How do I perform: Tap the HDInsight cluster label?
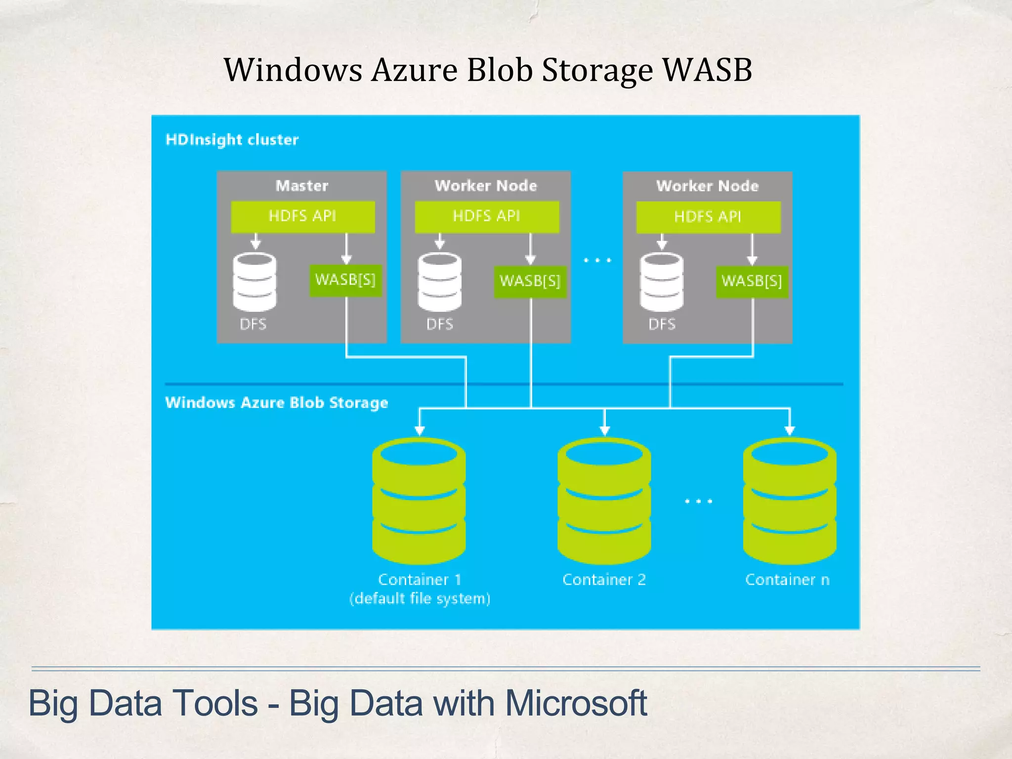[x=232, y=140]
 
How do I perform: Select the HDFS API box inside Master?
[x=302, y=216]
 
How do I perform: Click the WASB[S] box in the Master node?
[x=345, y=280]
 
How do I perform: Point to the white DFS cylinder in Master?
[x=254, y=282]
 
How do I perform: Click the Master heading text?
[x=301, y=186]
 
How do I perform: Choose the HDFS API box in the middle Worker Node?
[x=487, y=216]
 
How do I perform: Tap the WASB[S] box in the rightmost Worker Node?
[x=752, y=281]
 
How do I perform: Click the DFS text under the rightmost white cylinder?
[x=662, y=324]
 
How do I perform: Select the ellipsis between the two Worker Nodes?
[x=597, y=260]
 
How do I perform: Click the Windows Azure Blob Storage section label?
[x=276, y=403]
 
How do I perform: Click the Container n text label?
[x=787, y=580]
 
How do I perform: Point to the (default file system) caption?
[x=420, y=599]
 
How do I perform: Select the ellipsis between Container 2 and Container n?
[x=698, y=501]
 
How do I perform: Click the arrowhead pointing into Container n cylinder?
[x=790, y=429]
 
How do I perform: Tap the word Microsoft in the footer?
[x=576, y=703]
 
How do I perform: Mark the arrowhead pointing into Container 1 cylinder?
[x=420, y=429]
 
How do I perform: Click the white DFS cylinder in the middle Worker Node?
[x=439, y=282]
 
